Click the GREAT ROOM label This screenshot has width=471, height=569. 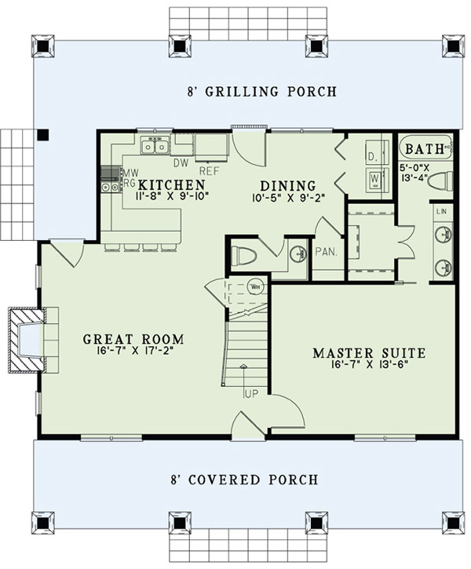point(134,339)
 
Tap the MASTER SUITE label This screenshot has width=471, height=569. point(369,353)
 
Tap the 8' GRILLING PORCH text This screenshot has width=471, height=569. point(251,92)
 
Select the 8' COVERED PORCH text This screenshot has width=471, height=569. point(246,480)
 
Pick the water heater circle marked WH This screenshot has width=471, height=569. point(255,287)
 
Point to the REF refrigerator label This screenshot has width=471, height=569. point(209,170)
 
